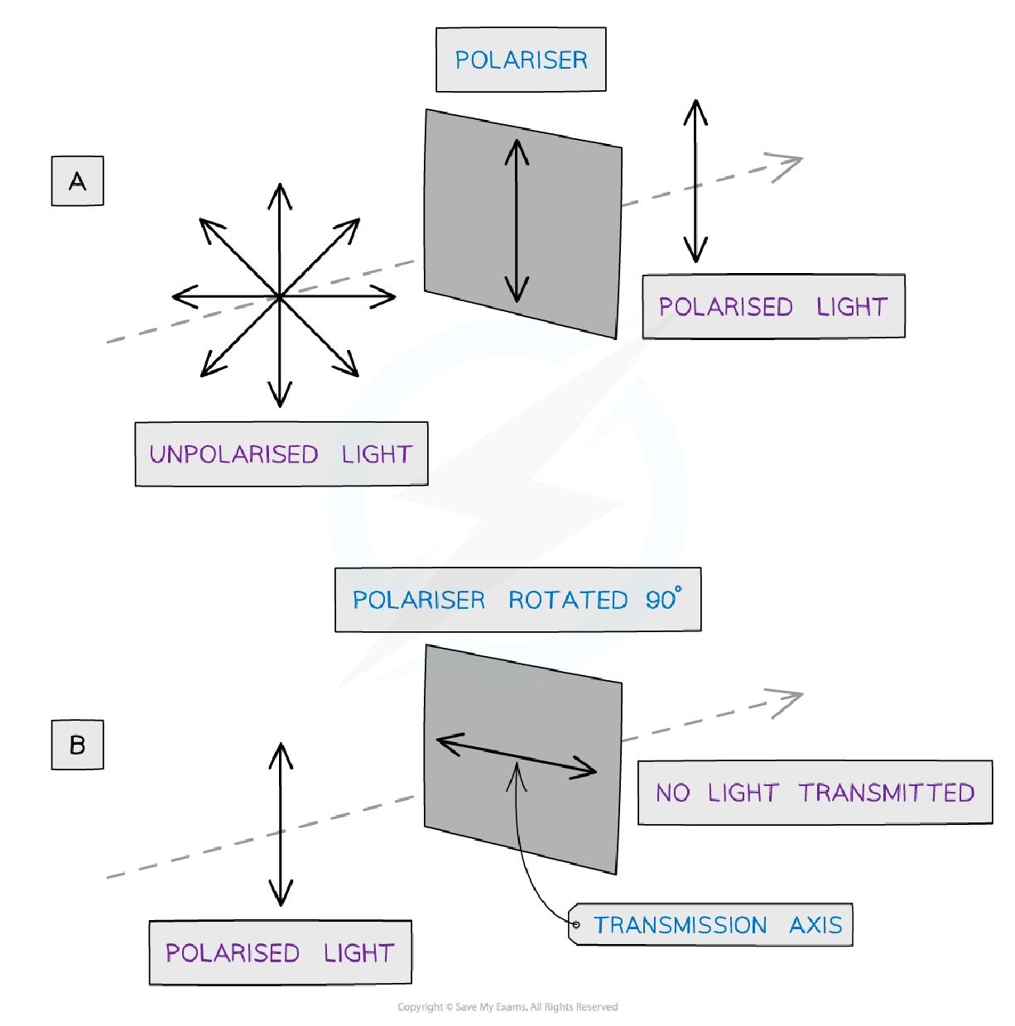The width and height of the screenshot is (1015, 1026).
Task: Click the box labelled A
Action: (77, 180)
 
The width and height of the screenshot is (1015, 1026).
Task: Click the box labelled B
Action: (77, 745)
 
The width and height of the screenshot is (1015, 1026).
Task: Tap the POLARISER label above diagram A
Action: (521, 60)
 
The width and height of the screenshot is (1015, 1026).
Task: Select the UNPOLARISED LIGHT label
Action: (281, 453)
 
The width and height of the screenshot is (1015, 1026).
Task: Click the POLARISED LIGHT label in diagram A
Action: (772, 306)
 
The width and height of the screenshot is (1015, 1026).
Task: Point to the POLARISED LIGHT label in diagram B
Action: (280, 952)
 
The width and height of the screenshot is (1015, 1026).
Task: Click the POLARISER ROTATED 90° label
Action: (517, 599)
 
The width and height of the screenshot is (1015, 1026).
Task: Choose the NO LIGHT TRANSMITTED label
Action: (815, 792)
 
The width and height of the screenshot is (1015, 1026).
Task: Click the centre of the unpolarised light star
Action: (280, 295)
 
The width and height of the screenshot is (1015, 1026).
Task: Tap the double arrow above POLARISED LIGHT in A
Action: (695, 180)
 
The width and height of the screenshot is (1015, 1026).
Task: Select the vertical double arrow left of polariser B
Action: (281, 824)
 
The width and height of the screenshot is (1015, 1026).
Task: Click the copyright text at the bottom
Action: (507, 1007)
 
